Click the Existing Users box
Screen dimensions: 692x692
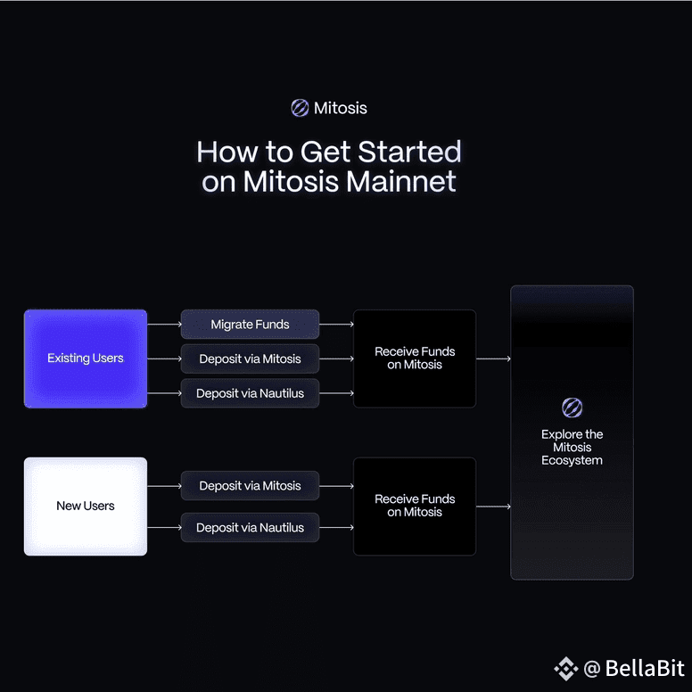pyautogui.click(x=86, y=358)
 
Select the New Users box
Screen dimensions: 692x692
pyautogui.click(x=86, y=507)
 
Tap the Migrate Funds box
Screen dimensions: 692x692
pyautogui.click(x=250, y=325)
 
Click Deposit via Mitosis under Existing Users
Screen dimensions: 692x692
pyautogui.click(x=250, y=358)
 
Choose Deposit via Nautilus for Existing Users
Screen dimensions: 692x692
pyautogui.click(x=250, y=393)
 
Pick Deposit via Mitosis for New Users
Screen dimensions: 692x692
pyautogui.click(x=250, y=486)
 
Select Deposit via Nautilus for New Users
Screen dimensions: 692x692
pyautogui.click(x=250, y=527)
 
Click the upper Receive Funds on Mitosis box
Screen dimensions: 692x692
pyautogui.click(x=415, y=358)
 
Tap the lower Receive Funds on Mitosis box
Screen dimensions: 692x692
pyautogui.click(x=415, y=507)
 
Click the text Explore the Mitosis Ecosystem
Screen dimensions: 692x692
pyautogui.click(x=572, y=447)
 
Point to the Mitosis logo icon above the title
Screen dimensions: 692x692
pyautogui.click(x=300, y=108)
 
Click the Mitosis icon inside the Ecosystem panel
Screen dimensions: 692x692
pyautogui.click(x=572, y=408)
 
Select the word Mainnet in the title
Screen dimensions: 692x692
pyautogui.click(x=400, y=181)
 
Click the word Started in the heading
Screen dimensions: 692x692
pyautogui.click(x=409, y=152)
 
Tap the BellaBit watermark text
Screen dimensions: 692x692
pyautogui.click(x=645, y=668)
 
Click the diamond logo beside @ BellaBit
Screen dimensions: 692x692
pyautogui.click(x=565, y=669)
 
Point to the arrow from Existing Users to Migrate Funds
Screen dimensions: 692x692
pyautogui.click(x=164, y=325)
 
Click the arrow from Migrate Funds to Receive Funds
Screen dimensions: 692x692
pyautogui.click(x=336, y=325)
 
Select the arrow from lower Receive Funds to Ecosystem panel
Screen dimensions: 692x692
pyautogui.click(x=493, y=507)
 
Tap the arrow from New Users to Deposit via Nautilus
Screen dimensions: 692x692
pyautogui.click(x=164, y=527)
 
